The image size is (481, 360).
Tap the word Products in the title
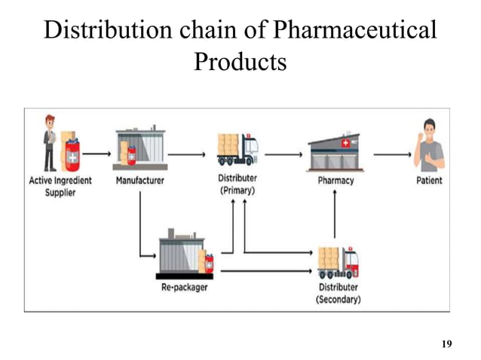pos(240,61)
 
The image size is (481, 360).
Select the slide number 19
pos(446,344)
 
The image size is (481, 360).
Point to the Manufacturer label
pos(139,181)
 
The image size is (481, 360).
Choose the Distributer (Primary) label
pos(237,185)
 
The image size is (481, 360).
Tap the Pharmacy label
pos(335,181)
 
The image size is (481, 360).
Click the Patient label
pos(428,181)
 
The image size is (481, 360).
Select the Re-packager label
pos(184,288)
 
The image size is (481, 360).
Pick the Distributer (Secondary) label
pos(338,293)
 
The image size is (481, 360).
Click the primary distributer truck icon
pos(237,149)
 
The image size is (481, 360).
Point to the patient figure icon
pos(428,145)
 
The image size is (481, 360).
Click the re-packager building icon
pos(185,256)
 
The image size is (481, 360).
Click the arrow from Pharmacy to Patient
pos(392,155)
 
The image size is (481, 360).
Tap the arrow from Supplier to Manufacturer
pos(97,154)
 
